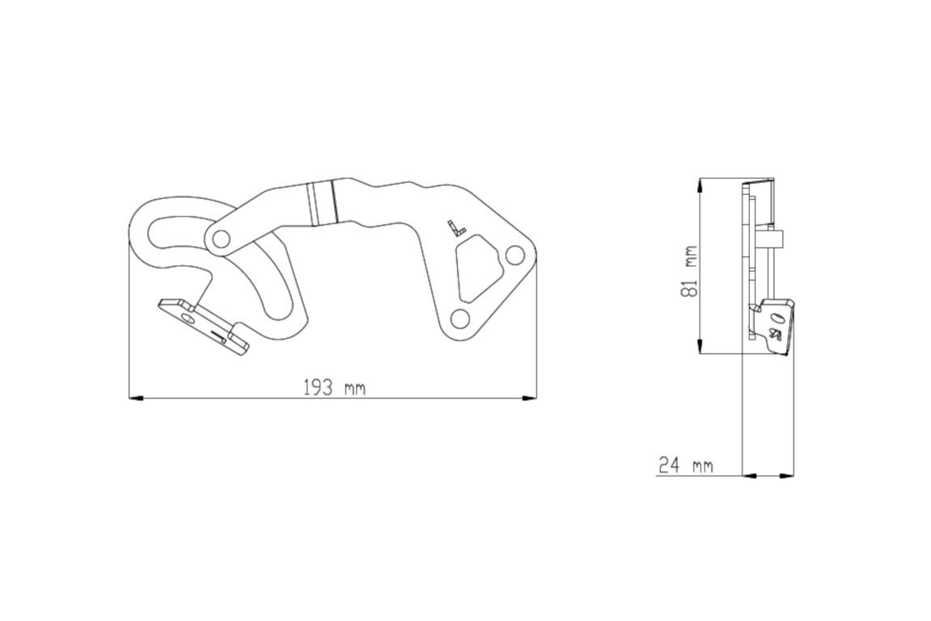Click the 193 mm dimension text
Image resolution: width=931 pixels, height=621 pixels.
334,388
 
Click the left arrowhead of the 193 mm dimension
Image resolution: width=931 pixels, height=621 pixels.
136,398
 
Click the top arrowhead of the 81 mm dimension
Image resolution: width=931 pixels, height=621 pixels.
700,184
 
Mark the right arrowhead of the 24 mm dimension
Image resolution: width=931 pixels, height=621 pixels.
787,475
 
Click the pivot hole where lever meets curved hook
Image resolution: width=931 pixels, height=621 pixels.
220,239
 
